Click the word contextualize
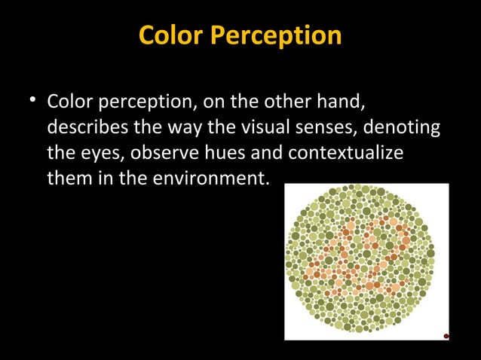coord(344,153)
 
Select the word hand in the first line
coord(344,101)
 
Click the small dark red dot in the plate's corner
coord(446,336)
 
